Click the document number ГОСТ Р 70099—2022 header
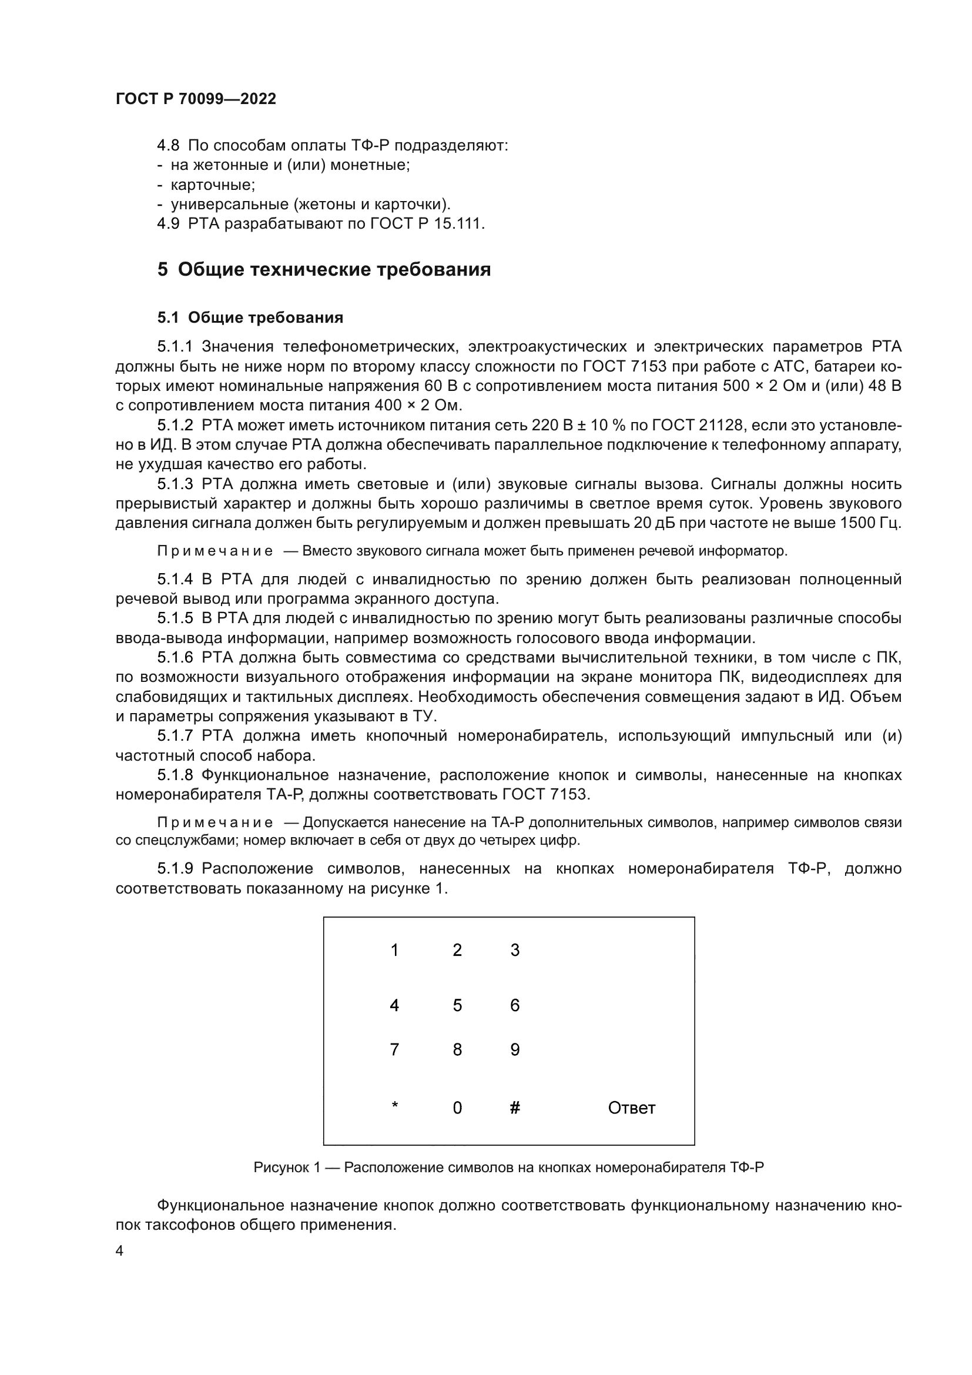click(196, 99)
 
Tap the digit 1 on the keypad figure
click(394, 951)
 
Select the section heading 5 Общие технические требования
click(324, 269)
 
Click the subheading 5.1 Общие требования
click(250, 318)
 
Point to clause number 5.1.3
click(175, 484)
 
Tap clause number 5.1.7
click(175, 736)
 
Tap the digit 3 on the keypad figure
click(515, 951)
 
